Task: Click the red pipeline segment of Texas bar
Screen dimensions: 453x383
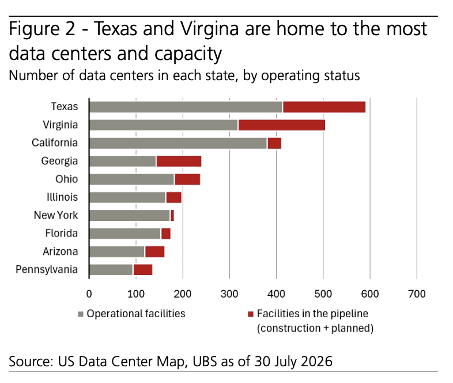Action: click(x=324, y=107)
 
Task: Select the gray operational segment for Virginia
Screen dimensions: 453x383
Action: click(x=164, y=125)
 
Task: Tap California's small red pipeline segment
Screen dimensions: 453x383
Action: click(x=274, y=144)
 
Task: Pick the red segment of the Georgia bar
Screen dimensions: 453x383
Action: click(x=179, y=162)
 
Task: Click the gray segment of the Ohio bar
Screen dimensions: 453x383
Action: click(x=132, y=179)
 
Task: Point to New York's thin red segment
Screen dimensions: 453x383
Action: click(x=172, y=216)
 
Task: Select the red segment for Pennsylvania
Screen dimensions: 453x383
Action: click(x=143, y=270)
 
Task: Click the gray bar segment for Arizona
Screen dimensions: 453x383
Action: click(x=117, y=251)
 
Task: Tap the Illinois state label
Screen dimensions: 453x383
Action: click(x=62, y=197)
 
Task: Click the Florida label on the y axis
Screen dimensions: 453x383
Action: click(x=61, y=233)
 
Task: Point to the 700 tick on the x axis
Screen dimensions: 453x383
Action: click(x=417, y=294)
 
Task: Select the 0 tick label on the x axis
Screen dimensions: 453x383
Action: click(x=89, y=294)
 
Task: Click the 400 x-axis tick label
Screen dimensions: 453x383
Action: click(x=276, y=294)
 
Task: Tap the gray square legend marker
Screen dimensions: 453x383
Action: click(x=81, y=314)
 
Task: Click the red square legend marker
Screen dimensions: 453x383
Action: click(x=251, y=314)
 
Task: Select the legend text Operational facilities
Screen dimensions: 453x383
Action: click(x=136, y=314)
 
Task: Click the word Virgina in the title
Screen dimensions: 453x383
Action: click(x=210, y=29)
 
